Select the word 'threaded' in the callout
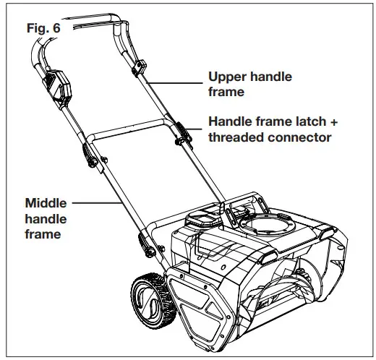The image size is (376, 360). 236,137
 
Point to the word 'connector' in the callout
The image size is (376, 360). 299,137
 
